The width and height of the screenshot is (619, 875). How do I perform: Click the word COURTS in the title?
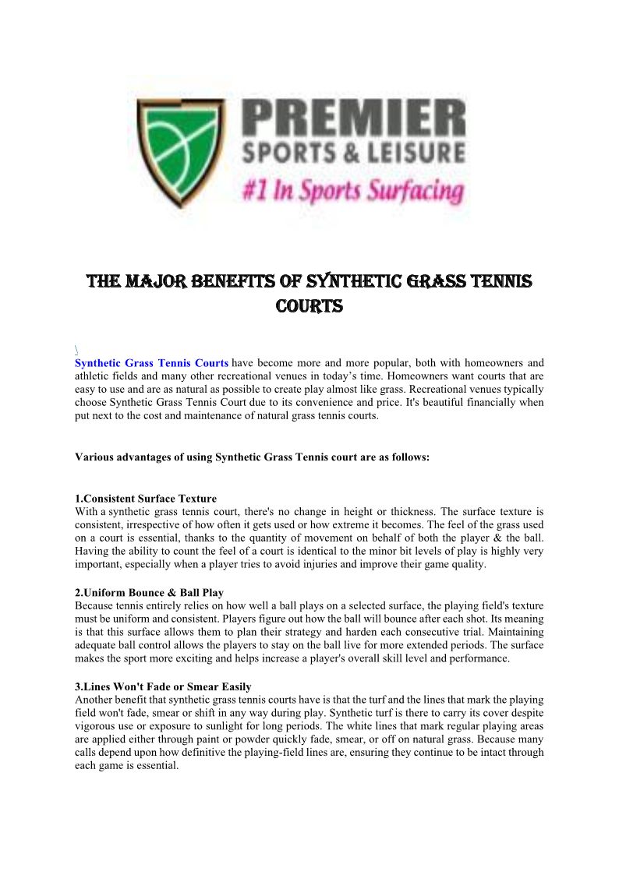[x=309, y=306]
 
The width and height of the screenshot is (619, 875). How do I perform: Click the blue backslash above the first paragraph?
[x=76, y=349]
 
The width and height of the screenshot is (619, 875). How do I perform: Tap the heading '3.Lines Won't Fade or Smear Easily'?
[x=163, y=686]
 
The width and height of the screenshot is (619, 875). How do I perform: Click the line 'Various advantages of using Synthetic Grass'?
[x=252, y=457]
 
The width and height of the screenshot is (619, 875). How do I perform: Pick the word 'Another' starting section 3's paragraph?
[x=94, y=700]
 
